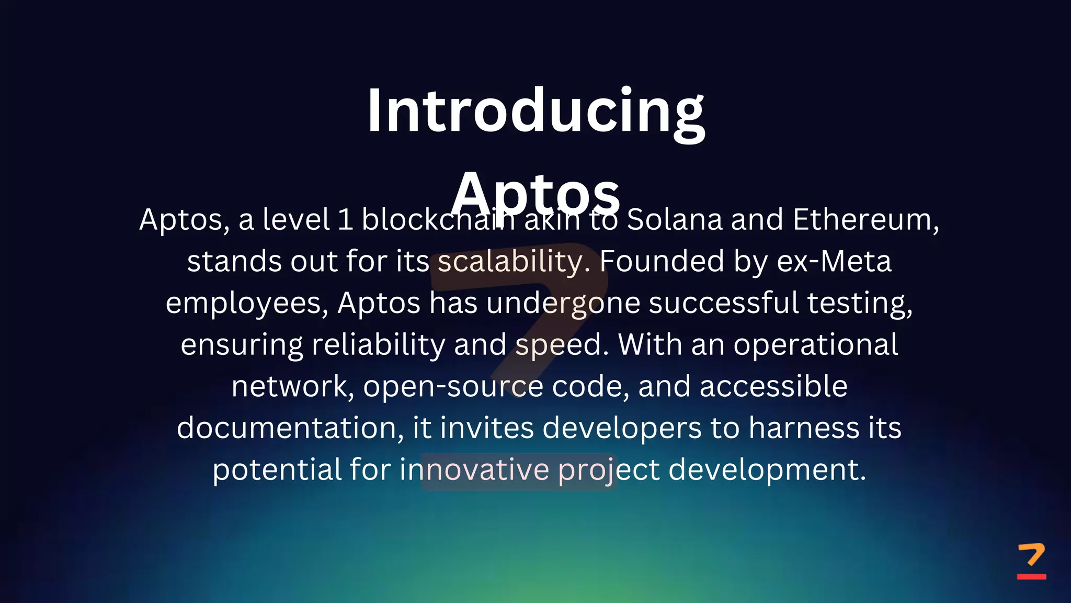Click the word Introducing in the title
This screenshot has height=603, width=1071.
point(535,111)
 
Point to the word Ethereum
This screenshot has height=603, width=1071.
point(865,219)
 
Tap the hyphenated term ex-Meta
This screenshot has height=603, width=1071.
point(834,261)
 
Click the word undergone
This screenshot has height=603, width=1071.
point(563,303)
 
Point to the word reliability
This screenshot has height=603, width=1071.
point(378,345)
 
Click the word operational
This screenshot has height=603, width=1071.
point(815,345)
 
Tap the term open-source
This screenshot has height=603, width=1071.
point(453,386)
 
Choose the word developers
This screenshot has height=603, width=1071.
point(622,428)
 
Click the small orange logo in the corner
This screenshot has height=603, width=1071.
point(1031,561)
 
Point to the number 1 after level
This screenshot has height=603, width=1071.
point(345,219)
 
